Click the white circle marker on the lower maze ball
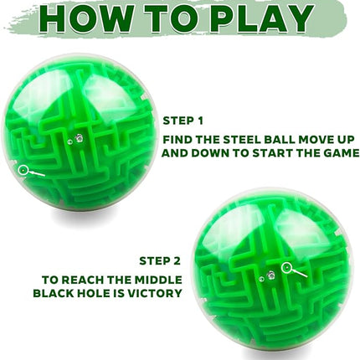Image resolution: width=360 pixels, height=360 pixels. [x=288, y=268]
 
